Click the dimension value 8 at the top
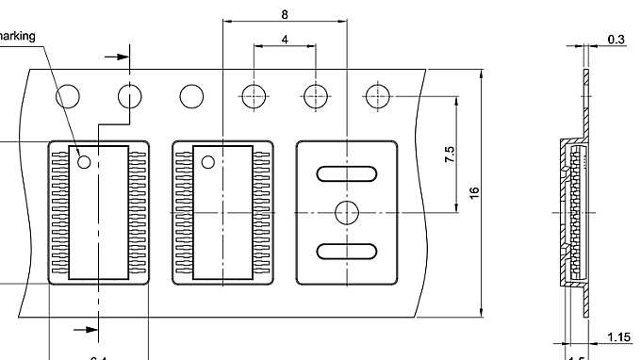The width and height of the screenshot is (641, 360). click(x=285, y=13)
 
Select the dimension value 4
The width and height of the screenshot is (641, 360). click(x=285, y=40)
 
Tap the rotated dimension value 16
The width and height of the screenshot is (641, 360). click(x=474, y=192)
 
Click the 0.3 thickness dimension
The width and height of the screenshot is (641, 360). click(x=616, y=39)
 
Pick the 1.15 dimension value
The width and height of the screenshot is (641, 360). click(x=618, y=337)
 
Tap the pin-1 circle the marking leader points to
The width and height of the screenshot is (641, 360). click(x=84, y=162)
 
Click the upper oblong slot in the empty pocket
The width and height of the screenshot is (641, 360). click(x=346, y=173)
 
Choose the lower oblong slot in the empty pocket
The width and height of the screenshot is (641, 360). click(x=346, y=251)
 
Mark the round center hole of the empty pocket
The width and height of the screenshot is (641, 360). click(x=347, y=212)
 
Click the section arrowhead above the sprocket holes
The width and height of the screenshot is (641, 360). click(x=120, y=57)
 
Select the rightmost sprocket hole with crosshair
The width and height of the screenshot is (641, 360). click(x=378, y=96)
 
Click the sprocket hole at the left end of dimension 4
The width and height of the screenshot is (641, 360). click(x=254, y=96)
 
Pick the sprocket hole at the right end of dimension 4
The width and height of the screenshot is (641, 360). click(x=316, y=96)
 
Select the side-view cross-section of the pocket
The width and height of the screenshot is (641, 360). click(x=572, y=212)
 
